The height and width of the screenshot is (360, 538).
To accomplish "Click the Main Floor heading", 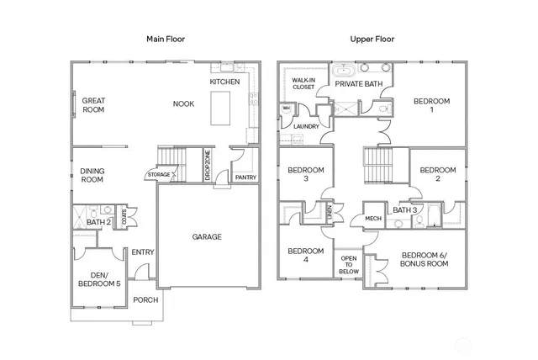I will point(166,39).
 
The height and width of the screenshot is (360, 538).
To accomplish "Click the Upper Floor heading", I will point(372,39).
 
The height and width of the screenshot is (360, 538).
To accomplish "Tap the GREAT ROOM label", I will point(93,105).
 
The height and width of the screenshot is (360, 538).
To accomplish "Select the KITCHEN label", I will point(224,82).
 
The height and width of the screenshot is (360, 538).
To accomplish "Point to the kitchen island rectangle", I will point(220,108).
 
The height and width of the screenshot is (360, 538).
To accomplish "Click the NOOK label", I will point(183,104).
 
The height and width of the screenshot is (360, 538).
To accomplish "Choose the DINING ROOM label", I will point(92,175).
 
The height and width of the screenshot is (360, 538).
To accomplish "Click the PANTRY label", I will point(245,177).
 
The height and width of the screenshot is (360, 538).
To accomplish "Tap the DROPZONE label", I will point(207,163).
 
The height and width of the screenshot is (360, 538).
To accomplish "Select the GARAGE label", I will point(207,236).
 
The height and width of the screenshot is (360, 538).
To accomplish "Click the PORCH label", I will point(145,299).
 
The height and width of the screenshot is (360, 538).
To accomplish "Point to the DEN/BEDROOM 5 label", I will point(97,279).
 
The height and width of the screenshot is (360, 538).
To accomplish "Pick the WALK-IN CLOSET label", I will point(303,83).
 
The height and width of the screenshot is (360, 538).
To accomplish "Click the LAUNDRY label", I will point(306,127).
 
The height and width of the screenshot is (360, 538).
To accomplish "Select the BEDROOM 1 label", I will point(431,105).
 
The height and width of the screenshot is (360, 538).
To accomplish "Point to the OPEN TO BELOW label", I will point(348,265).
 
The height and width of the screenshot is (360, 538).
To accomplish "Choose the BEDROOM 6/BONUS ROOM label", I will point(424,259).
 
